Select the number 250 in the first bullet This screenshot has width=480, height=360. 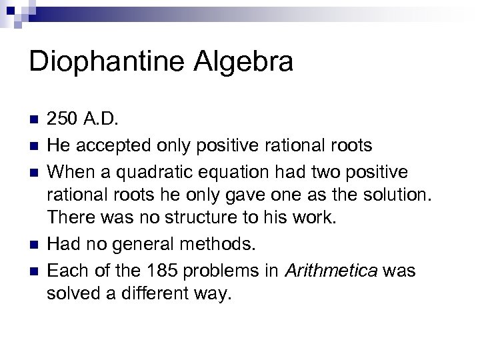62,120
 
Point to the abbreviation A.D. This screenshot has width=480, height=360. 100,120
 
